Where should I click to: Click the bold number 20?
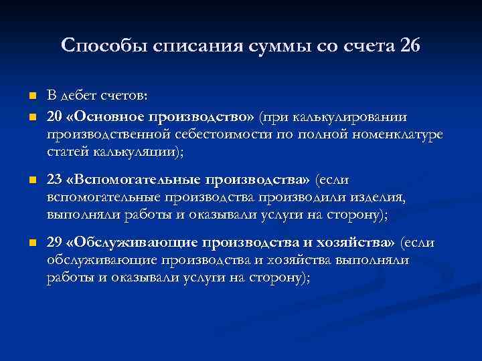tap(54, 118)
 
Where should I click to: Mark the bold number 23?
tap(54, 180)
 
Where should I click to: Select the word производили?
tap(310, 198)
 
